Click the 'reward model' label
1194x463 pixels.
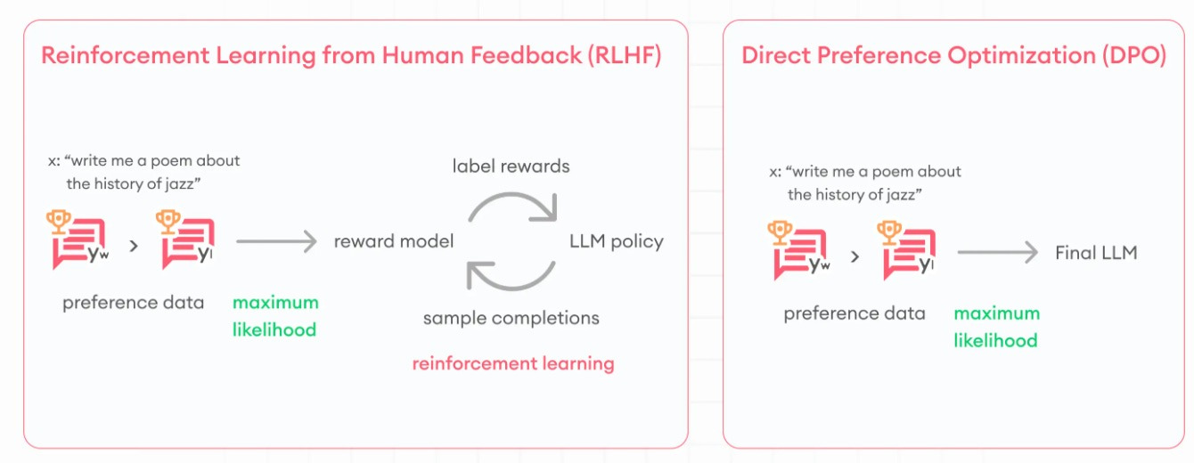[394, 241]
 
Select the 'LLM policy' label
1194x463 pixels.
[616, 241]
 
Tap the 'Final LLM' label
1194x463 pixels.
[1096, 253]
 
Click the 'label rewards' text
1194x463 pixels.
[511, 167]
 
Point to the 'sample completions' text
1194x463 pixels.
[511, 318]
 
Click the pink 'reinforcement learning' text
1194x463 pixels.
[512, 363]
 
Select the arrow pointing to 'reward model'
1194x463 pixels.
[276, 241]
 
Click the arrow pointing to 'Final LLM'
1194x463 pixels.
[998, 253]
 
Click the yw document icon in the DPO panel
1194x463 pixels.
[798, 251]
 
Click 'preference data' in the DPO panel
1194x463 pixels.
[855, 313]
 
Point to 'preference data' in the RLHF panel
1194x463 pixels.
[133, 303]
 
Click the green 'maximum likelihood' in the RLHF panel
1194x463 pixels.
[275, 316]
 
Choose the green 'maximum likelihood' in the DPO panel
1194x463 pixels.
[996, 327]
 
